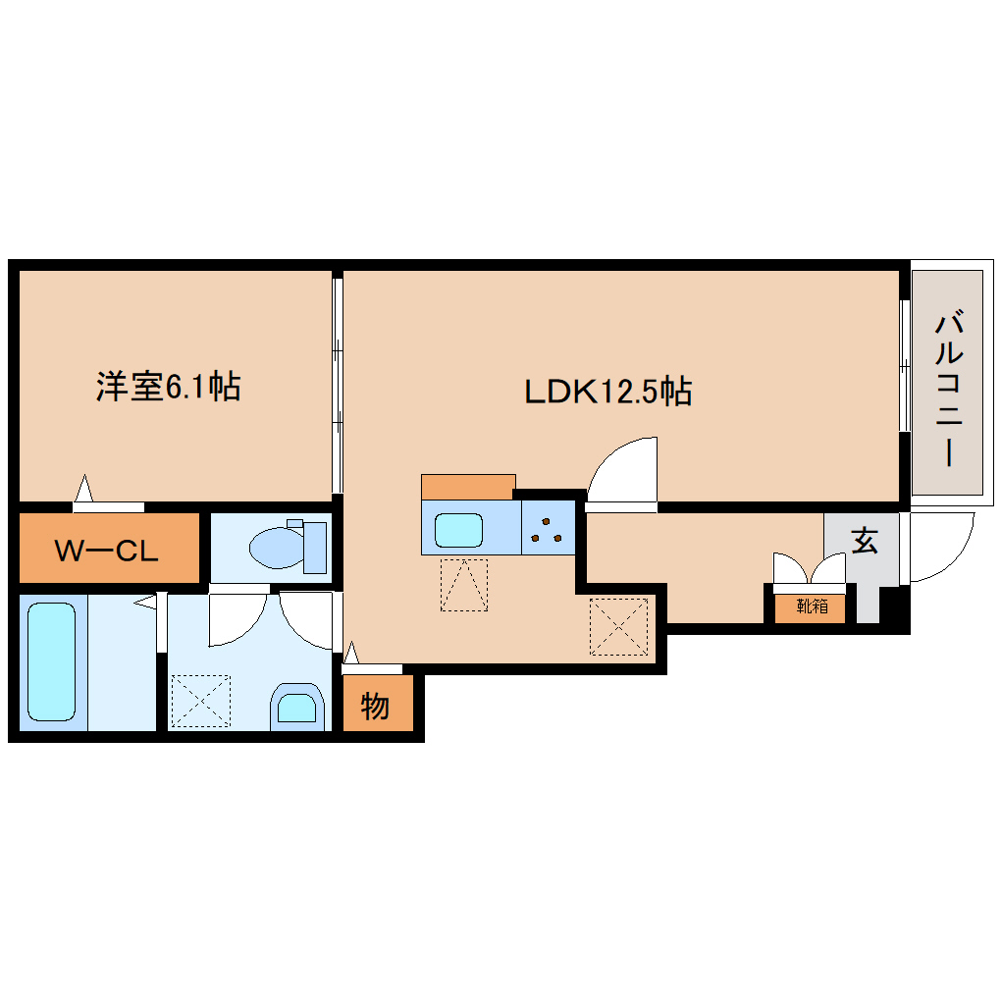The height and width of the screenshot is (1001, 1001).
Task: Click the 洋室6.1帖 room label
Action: tap(168, 387)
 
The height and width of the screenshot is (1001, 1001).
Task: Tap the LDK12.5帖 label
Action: tap(607, 392)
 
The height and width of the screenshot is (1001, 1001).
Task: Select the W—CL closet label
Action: tap(105, 551)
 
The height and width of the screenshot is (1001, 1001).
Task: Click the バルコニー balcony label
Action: tap(947, 388)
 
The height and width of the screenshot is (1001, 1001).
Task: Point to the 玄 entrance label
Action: tap(864, 540)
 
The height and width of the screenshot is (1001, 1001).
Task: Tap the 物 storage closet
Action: tap(375, 706)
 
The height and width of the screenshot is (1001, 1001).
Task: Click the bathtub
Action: tap(52, 660)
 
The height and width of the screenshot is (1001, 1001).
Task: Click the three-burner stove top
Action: tap(547, 528)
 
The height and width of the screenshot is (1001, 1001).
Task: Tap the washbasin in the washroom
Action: tap(296, 706)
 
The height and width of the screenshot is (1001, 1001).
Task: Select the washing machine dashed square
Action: tap(199, 701)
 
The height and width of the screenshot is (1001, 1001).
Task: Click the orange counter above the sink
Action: tap(468, 487)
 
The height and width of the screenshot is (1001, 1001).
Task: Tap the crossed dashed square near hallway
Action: tap(618, 626)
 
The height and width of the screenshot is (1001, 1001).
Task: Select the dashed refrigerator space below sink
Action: tap(463, 585)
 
